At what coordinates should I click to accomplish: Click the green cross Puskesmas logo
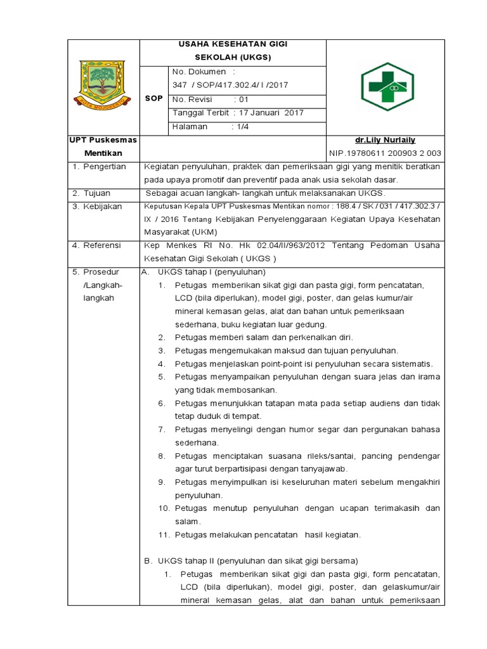[x=386, y=87]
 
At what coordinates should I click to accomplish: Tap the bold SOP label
[x=154, y=99]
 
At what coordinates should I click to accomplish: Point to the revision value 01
[x=244, y=99]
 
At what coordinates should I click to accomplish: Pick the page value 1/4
[x=243, y=127]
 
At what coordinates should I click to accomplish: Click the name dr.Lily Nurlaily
[x=385, y=140]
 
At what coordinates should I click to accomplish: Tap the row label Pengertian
[x=104, y=167]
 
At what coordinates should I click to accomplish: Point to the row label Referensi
[x=102, y=245]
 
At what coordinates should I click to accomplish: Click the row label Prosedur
[x=101, y=272]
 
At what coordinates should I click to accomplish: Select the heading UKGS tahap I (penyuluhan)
[x=211, y=272]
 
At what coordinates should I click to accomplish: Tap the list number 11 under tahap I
[x=164, y=535]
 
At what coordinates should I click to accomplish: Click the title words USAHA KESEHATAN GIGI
[x=232, y=44]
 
